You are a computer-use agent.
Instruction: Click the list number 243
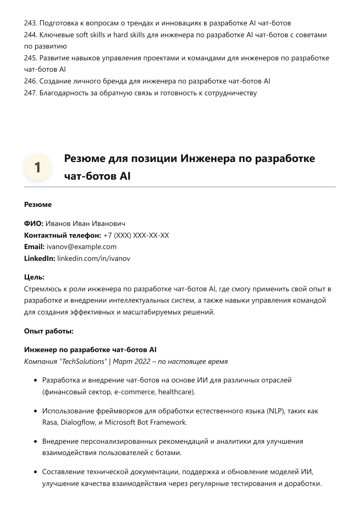[30, 23]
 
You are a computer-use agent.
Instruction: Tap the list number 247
[30, 93]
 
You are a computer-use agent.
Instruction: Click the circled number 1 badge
[37, 167]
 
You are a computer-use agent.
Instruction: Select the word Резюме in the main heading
[85, 159]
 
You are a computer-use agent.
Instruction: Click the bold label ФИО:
[33, 224]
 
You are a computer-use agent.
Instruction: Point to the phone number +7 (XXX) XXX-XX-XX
[136, 235]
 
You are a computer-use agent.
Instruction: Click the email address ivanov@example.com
[81, 247]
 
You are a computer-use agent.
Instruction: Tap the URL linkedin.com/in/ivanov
[94, 258]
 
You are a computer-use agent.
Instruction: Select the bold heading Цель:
[34, 277]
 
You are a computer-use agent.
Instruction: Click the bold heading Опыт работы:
[49, 331]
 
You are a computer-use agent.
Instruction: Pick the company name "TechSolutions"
[83, 361]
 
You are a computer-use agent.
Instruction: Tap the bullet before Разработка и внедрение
[35, 380]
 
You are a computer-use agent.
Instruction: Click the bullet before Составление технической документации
[35, 472]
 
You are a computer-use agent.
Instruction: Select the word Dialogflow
[78, 422]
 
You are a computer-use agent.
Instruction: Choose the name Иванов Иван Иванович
[85, 224]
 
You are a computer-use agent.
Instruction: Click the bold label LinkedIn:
[40, 258]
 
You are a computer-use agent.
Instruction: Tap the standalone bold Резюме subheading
[38, 205]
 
